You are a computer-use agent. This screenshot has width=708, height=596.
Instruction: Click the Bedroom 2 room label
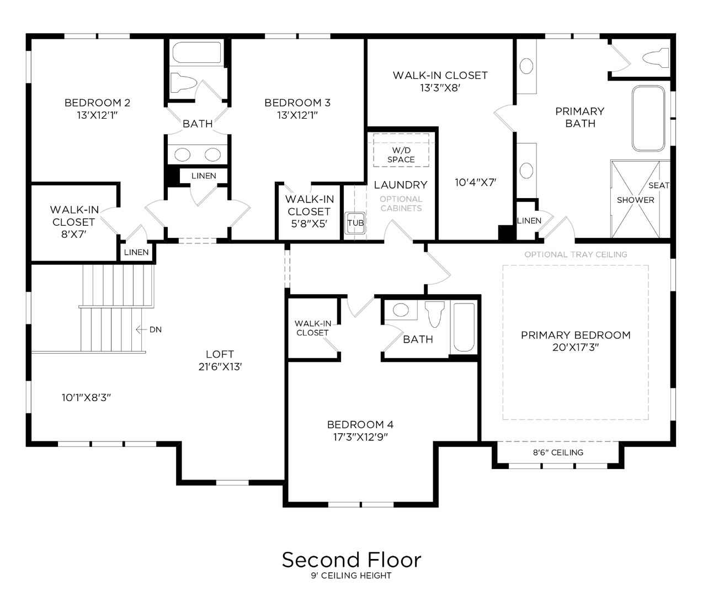[x=97, y=103]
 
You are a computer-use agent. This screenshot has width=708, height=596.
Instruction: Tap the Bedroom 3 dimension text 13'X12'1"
[x=297, y=115]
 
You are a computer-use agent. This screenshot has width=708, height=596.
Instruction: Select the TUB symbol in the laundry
[x=355, y=223]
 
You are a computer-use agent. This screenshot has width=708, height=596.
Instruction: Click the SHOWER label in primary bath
[x=635, y=200]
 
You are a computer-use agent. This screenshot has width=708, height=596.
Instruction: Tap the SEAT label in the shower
[x=658, y=185]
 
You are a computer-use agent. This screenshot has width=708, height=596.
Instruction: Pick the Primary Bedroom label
[x=576, y=335]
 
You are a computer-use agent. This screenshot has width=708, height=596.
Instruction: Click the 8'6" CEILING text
[x=558, y=453]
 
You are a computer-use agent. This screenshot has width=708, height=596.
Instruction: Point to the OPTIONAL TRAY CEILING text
[x=576, y=254]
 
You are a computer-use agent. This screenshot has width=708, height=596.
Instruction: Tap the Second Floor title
[x=352, y=560]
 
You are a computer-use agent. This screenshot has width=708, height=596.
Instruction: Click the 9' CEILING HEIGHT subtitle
[x=351, y=576]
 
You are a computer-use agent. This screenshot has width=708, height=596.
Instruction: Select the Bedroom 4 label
[x=360, y=424]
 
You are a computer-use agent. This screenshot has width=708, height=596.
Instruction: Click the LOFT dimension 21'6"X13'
[x=220, y=367]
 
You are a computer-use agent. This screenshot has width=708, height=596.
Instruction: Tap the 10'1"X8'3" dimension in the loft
[x=86, y=397]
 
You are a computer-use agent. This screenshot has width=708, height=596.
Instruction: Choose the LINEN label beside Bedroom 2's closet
[x=136, y=252]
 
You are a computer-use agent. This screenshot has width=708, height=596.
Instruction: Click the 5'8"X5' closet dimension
[x=309, y=224]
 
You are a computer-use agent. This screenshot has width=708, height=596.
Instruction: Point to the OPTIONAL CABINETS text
[x=401, y=204]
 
